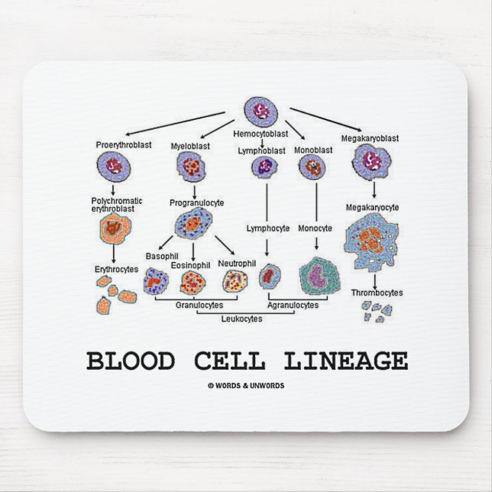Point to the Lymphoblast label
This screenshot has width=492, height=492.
pos(261,151)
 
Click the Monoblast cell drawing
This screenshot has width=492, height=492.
pos(312,167)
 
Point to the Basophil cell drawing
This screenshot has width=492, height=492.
pos(157,282)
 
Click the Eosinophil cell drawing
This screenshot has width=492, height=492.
pos(190,283)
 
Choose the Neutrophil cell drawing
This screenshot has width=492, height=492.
pos(235,282)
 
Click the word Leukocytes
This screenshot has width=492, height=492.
pos(241,319)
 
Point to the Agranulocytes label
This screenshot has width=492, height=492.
pos(293,305)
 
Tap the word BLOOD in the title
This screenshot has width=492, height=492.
pos(131,360)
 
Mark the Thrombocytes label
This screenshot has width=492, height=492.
pos(377,293)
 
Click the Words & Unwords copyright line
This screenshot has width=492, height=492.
pos(246,386)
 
